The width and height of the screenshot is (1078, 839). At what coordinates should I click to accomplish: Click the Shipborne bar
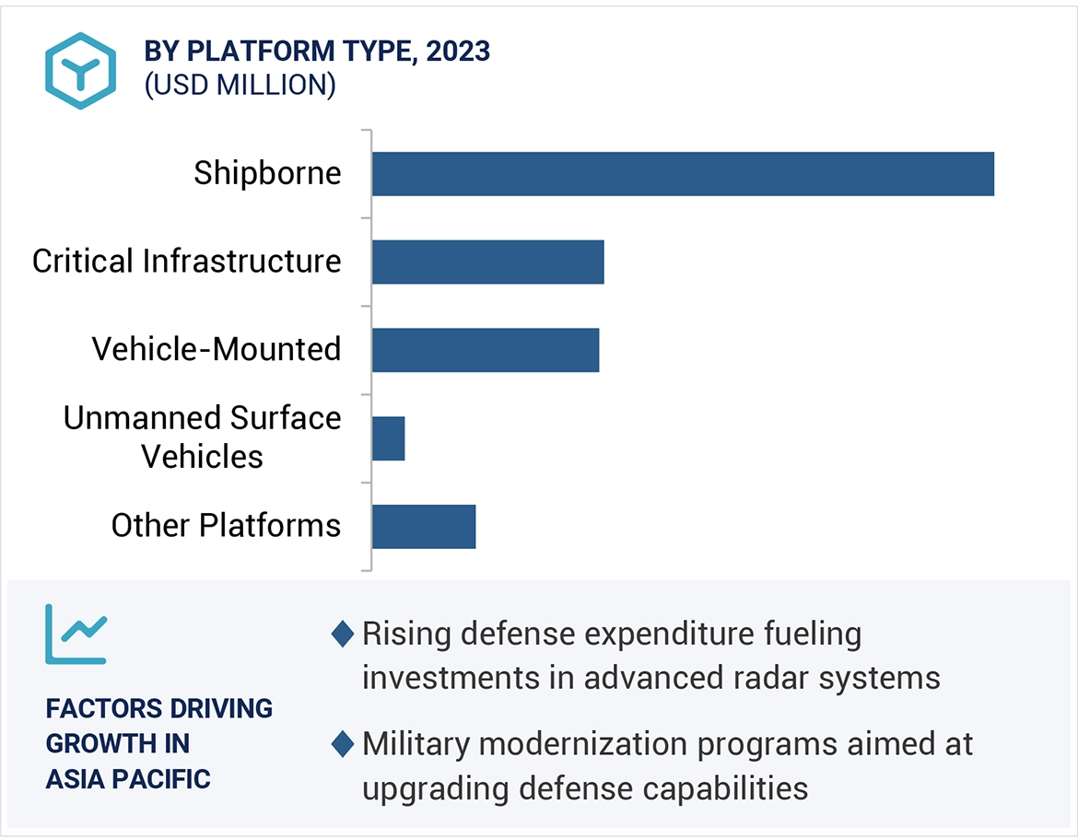pyautogui.click(x=683, y=174)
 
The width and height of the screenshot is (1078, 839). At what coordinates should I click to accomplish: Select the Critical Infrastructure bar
pyautogui.click(x=487, y=262)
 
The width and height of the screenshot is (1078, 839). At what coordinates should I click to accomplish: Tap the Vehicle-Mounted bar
pyautogui.click(x=486, y=350)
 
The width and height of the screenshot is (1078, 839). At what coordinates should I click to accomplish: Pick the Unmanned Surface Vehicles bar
pyautogui.click(x=388, y=438)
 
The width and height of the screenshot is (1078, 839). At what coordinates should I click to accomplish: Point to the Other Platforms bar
pyautogui.click(x=424, y=527)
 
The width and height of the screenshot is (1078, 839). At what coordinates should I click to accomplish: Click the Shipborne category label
pyautogui.click(x=267, y=173)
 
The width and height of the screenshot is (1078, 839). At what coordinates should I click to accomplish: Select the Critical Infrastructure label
pyautogui.click(x=187, y=262)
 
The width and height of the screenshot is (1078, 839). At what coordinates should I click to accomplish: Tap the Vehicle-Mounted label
pyautogui.click(x=217, y=349)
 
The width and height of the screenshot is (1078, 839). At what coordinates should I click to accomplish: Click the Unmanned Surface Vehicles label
pyautogui.click(x=203, y=437)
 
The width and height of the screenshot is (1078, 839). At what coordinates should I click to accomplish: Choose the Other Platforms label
pyautogui.click(x=226, y=526)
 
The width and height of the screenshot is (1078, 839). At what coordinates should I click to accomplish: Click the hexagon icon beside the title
pyautogui.click(x=81, y=71)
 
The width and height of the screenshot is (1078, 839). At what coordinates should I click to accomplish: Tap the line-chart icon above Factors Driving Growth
pyautogui.click(x=76, y=634)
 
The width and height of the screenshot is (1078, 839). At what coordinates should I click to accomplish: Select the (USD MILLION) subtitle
pyautogui.click(x=240, y=85)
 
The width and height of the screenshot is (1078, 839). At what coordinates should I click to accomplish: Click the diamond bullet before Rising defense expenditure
pyautogui.click(x=343, y=635)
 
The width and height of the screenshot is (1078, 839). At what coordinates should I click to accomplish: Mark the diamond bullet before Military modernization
pyautogui.click(x=343, y=744)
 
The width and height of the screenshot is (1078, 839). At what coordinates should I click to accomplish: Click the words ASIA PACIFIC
pyautogui.click(x=128, y=779)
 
